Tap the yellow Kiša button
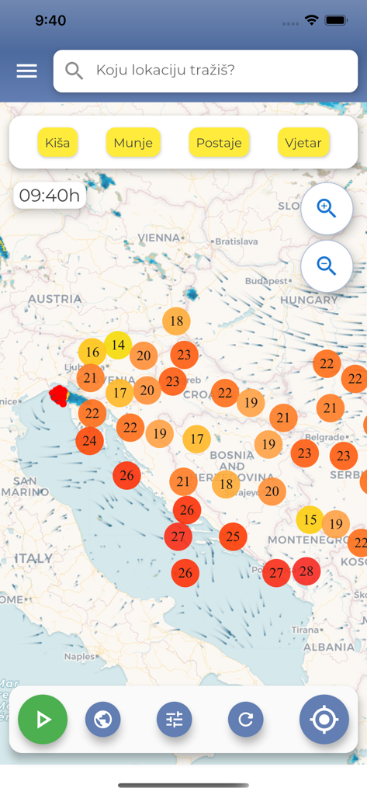57,143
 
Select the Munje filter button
133,143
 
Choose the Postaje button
219,143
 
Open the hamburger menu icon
26,71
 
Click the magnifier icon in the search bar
74,71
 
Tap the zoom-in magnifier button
327,209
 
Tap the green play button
43,720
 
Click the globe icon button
103,720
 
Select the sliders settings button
175,720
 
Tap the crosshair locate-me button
324,720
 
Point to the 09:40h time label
50,196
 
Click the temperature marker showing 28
306,571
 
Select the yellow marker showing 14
118,345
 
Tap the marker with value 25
233,536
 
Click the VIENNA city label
158,238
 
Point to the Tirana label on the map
306,630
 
